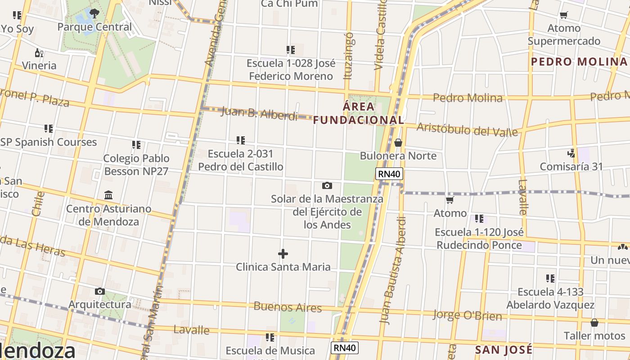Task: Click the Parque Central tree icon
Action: point(94,13)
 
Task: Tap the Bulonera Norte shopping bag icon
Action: point(398,143)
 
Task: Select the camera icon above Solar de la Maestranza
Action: point(327,185)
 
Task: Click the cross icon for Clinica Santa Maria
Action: point(283,254)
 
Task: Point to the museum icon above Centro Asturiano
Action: point(108,195)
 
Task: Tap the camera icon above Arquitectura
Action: point(100,292)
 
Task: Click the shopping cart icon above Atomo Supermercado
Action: point(563,15)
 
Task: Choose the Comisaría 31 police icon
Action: point(571,153)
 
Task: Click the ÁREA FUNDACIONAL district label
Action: point(359,113)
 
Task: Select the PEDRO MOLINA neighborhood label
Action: point(579,62)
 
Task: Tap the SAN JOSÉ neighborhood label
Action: point(504,350)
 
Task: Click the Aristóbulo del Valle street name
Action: point(467,129)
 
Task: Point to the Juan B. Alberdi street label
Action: point(259,113)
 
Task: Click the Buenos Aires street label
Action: point(288,307)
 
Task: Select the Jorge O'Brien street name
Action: point(467,315)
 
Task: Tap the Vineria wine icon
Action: point(39,53)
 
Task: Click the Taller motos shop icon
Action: point(594,323)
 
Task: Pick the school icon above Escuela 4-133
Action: point(550,279)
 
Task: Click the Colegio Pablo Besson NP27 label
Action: point(136,165)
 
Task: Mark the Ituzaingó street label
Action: point(348,55)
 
